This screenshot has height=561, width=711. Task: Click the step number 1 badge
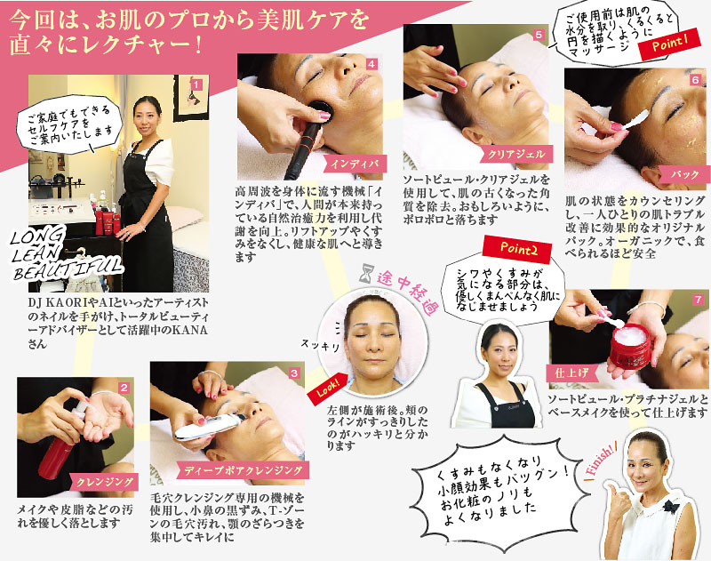(196, 84)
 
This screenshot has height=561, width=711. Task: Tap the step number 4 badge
(371, 64)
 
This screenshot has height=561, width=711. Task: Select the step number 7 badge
(698, 300)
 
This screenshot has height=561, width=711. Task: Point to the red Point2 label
(517, 249)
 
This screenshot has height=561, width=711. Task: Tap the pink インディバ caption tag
(354, 164)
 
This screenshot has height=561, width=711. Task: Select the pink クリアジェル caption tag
(515, 154)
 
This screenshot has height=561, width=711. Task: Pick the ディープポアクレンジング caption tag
(243, 470)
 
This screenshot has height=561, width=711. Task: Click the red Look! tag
(327, 389)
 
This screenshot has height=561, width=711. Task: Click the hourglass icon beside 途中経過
(365, 274)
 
